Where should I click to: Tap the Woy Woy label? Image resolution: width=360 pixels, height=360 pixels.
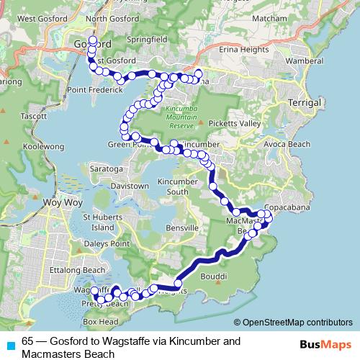pos(58,202)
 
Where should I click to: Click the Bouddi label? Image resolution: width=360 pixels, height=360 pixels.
pos(213,275)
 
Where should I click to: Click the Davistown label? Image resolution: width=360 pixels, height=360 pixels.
pos(130,186)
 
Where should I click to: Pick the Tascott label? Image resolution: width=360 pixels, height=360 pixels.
pos(34,115)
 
